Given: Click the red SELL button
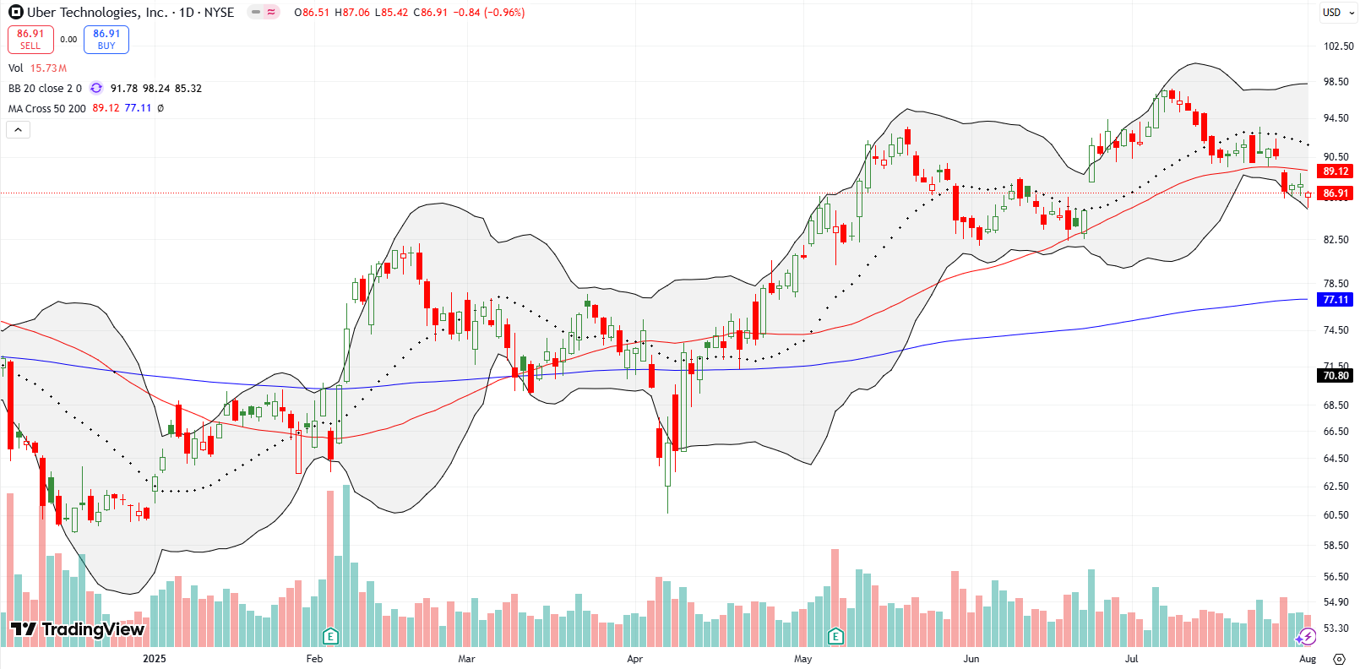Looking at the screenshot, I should pyautogui.click(x=30, y=40).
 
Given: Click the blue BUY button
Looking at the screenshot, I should pyautogui.click(x=106, y=40).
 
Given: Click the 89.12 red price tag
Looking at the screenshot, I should pyautogui.click(x=1335, y=171).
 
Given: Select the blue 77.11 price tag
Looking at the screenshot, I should pyautogui.click(x=1335, y=300).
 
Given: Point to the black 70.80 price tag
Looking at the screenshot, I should pyautogui.click(x=1335, y=376).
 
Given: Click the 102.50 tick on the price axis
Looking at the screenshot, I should pyautogui.click(x=1338, y=46).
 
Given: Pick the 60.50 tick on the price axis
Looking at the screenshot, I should pyautogui.click(x=1336, y=515).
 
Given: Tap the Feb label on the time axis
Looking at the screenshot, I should pyautogui.click(x=314, y=659).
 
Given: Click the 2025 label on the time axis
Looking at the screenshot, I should pyautogui.click(x=155, y=659).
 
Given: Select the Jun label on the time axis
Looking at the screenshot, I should pyautogui.click(x=971, y=659).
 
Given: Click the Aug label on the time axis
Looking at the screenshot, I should pyautogui.click(x=1308, y=659).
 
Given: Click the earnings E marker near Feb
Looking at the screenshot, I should pyautogui.click(x=330, y=636).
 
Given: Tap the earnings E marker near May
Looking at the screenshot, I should pyautogui.click(x=835, y=636).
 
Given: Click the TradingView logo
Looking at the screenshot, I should pyautogui.click(x=78, y=629).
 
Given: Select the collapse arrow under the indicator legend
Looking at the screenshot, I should pyautogui.click(x=19, y=129).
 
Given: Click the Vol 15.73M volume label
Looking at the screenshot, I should pyautogui.click(x=37, y=68).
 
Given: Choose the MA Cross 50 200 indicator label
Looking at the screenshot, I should pyautogui.click(x=47, y=109).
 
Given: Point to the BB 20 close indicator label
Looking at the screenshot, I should pyautogui.click(x=45, y=89).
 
